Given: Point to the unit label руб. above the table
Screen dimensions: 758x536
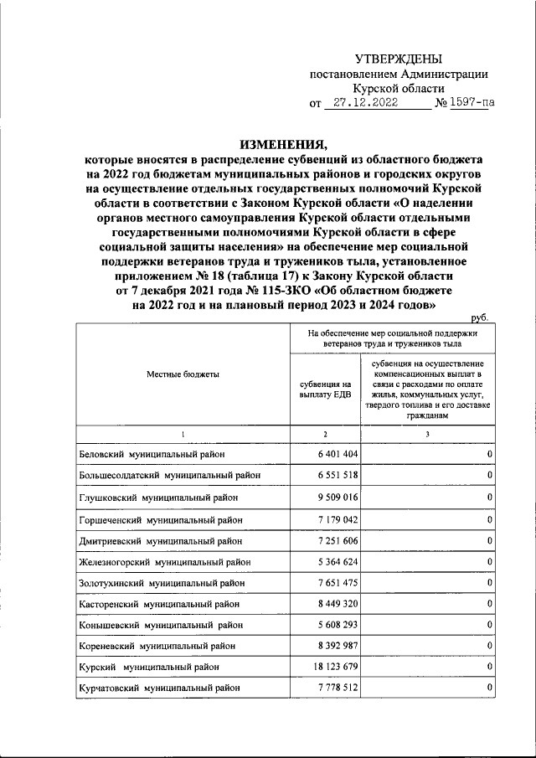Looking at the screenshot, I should [479, 318].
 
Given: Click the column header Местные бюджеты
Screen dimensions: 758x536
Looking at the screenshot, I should [183, 374].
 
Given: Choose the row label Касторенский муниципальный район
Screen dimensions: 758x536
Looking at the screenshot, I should [156, 603].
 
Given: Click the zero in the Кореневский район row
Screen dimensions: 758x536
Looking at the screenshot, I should [488, 646].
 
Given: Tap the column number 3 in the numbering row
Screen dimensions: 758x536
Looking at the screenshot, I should [427, 433].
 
